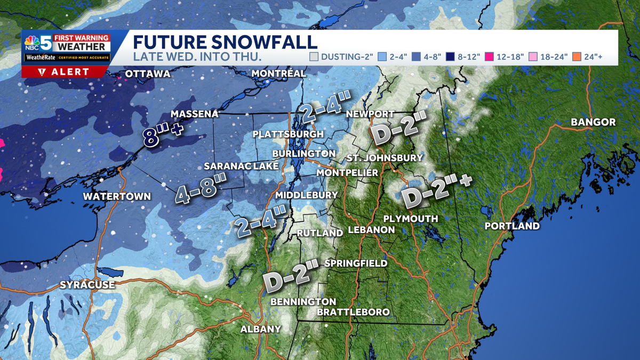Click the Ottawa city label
click(x=147, y=74)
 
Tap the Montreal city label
click(x=278, y=73)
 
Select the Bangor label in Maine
click(x=593, y=122)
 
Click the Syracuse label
click(x=87, y=285)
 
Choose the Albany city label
click(x=260, y=329)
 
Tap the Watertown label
click(x=117, y=196)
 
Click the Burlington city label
click(x=303, y=154)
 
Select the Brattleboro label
click(x=353, y=311)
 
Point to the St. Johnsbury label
click(x=384, y=158)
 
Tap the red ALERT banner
click(x=65, y=72)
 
